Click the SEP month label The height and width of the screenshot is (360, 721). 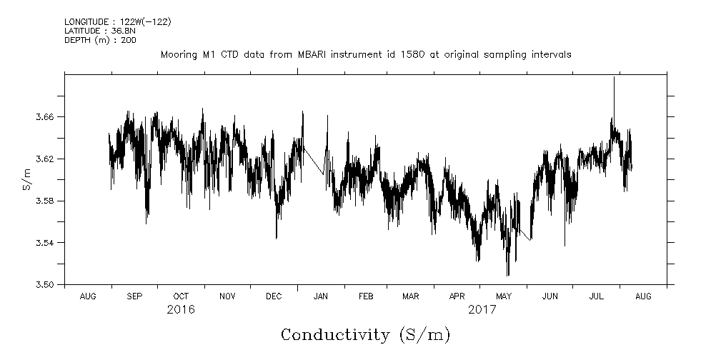tap(134, 296)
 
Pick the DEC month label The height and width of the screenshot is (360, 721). tap(274, 296)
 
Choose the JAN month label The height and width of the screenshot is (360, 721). tap(321, 296)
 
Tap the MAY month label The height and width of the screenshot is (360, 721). tap(504, 296)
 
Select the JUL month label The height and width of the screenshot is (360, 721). tap(597, 296)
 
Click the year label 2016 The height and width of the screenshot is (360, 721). tap(181, 310)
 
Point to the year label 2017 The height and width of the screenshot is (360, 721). tap(482, 310)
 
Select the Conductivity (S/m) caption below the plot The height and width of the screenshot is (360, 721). tap(365, 334)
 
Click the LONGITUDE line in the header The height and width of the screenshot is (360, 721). tap(117, 21)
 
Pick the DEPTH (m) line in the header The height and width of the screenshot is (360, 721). tap(101, 40)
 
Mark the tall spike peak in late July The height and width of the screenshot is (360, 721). tap(614, 77)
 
